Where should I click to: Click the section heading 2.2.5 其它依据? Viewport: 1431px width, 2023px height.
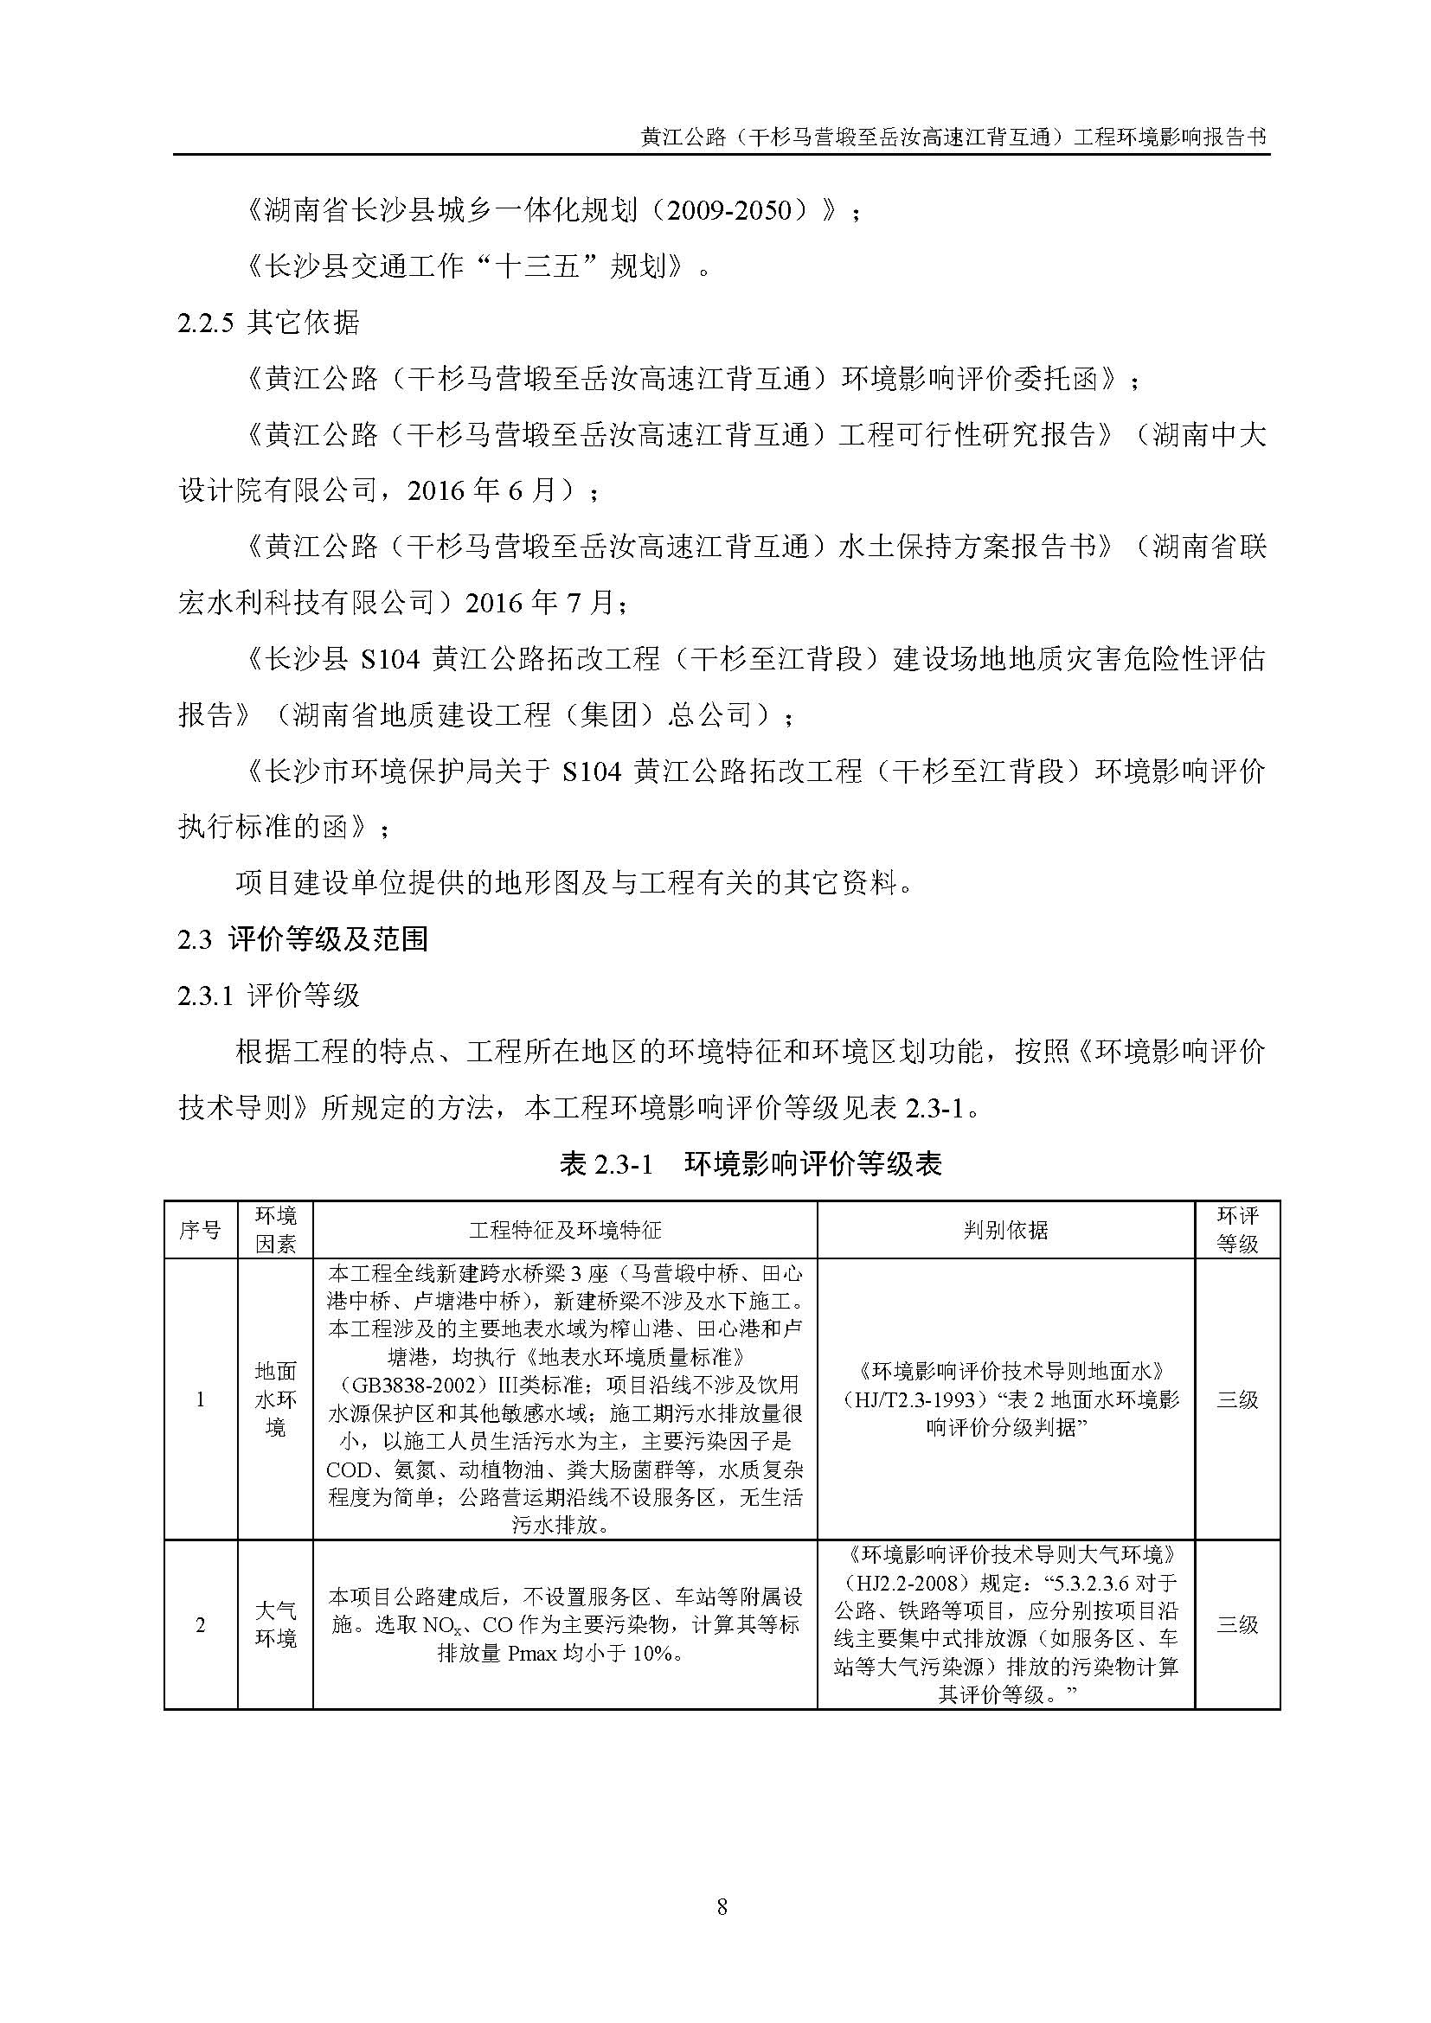click(269, 323)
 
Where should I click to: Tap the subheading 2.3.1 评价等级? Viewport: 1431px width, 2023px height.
click(269, 995)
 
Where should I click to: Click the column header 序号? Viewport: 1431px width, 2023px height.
click(200, 1230)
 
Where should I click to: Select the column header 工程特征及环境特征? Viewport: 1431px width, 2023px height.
click(565, 1230)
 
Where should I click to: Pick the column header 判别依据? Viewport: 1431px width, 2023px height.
click(1005, 1230)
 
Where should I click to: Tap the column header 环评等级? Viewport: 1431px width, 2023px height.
click(1237, 1230)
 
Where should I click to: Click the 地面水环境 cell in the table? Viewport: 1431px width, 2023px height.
click(275, 1399)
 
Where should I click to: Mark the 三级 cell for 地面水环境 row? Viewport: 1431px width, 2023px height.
click(1237, 1399)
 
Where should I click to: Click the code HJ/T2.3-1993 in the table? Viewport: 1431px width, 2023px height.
click(916, 1399)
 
